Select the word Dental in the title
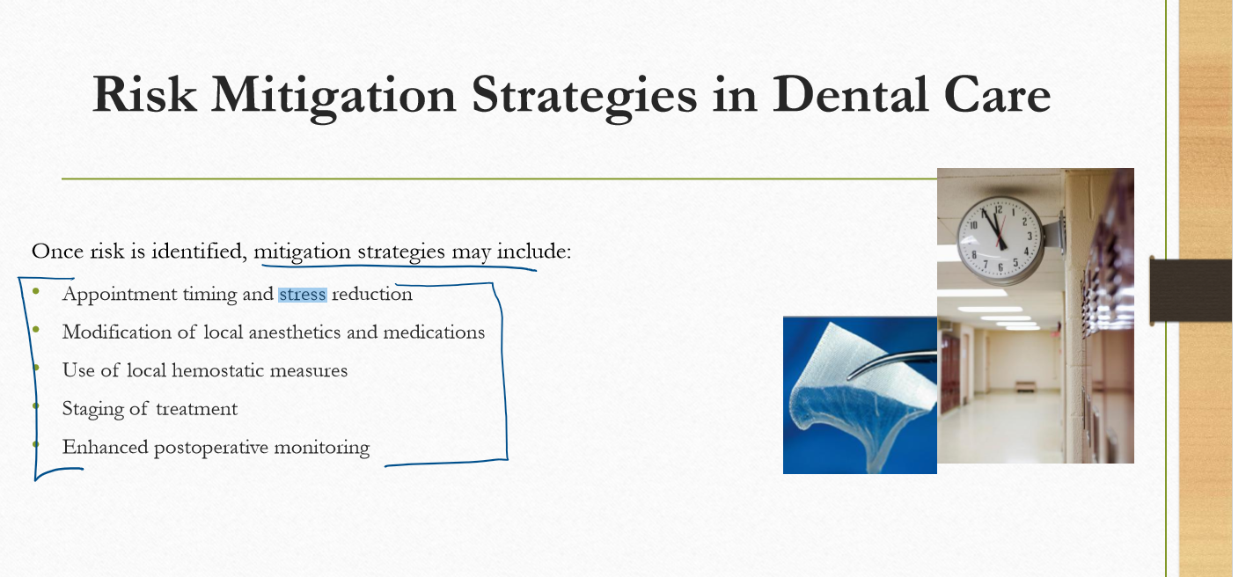click(850, 94)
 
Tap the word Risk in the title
click(144, 94)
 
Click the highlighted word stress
click(303, 294)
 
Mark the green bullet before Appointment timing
click(36, 291)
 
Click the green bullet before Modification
click(36, 329)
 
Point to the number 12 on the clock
click(998, 209)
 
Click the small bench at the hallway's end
click(1024, 386)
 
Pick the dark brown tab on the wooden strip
click(1191, 290)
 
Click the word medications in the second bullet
click(434, 332)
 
